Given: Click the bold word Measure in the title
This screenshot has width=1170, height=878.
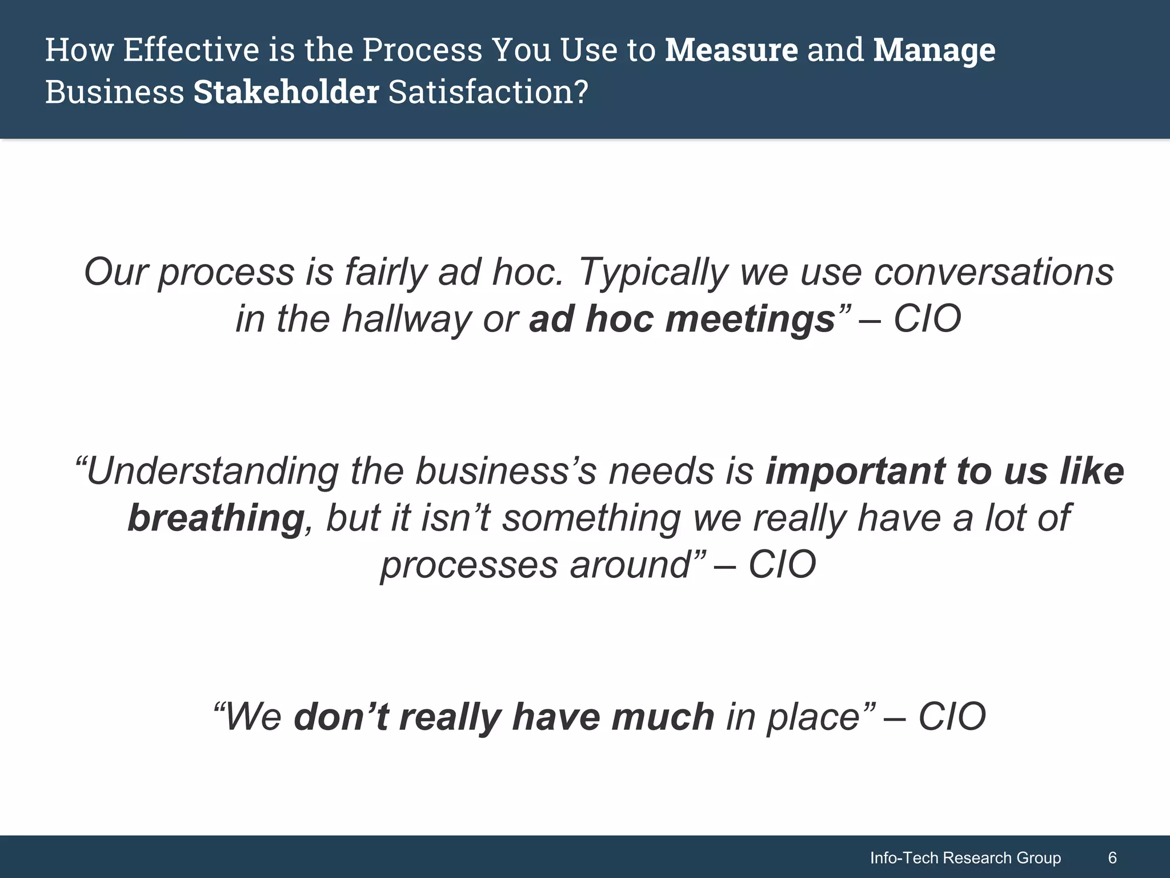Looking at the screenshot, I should pyautogui.click(x=731, y=50).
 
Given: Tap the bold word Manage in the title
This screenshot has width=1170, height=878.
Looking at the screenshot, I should pyautogui.click(x=934, y=50).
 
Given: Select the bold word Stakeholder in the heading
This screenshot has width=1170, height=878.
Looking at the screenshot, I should pyautogui.click(x=286, y=93).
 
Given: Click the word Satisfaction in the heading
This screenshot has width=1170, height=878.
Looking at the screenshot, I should pyautogui.click(x=488, y=93).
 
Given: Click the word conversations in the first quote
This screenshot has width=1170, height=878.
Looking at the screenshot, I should pyautogui.click(x=993, y=272).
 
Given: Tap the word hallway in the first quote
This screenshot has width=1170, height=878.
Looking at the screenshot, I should pyautogui.click(x=406, y=319).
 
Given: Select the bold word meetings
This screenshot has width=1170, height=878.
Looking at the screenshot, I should pyautogui.click(x=751, y=319).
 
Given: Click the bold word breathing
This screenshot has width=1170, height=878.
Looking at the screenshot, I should pyautogui.click(x=216, y=518).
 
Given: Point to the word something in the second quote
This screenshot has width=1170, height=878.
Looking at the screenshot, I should pyautogui.click(x=591, y=518).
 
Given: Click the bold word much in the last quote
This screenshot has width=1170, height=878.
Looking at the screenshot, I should pyautogui.click(x=663, y=717).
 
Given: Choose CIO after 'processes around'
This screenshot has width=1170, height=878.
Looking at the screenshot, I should pyautogui.click(x=782, y=565).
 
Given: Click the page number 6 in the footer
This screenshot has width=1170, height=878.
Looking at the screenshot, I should pyautogui.click(x=1112, y=858).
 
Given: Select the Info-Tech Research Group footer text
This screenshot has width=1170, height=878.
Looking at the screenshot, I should pyautogui.click(x=965, y=858).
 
